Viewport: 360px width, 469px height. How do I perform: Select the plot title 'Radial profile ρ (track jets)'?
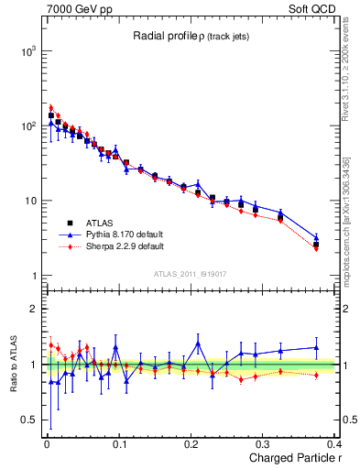(191, 35)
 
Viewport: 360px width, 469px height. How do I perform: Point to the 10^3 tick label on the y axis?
(25, 51)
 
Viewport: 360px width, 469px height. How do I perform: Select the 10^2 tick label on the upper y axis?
(25, 126)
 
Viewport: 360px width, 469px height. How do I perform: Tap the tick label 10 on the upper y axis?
(27, 202)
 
